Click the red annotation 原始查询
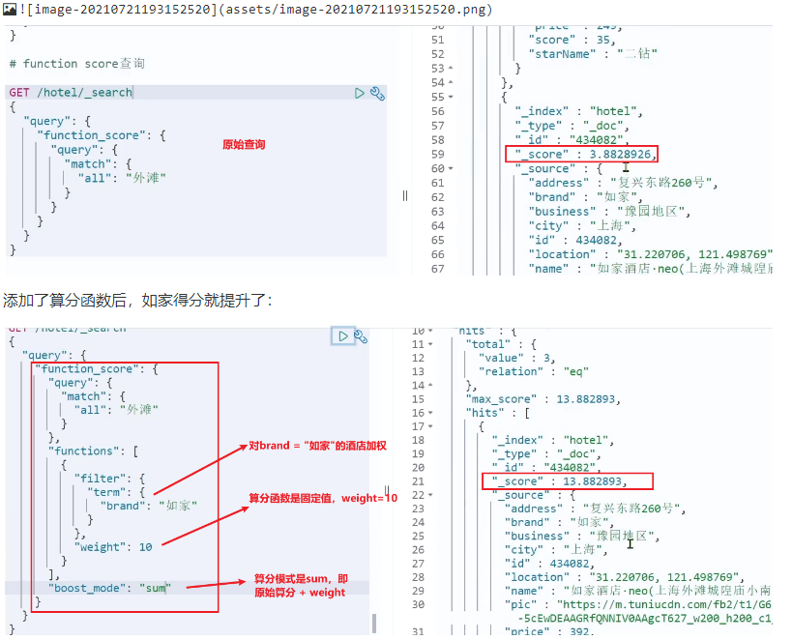(x=243, y=145)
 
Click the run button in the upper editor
(x=360, y=93)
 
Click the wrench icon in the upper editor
(x=377, y=93)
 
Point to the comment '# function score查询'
(x=76, y=64)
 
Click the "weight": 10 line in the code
(x=113, y=547)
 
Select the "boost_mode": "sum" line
(x=109, y=588)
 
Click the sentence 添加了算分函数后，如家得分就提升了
(x=138, y=301)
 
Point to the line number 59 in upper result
(x=437, y=154)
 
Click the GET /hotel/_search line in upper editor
(x=71, y=93)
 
